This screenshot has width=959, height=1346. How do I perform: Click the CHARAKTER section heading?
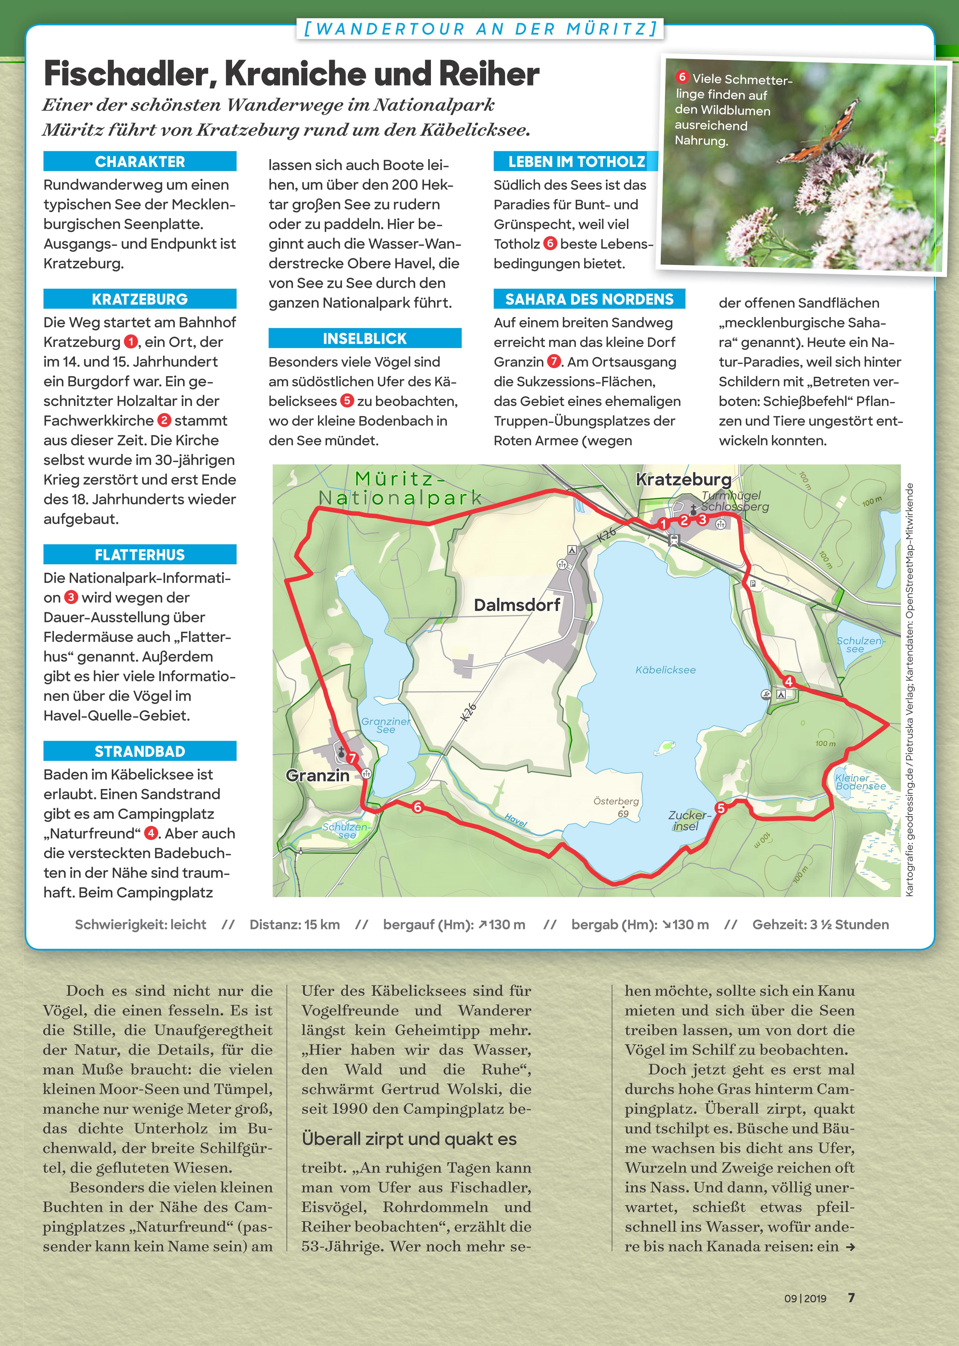(140, 161)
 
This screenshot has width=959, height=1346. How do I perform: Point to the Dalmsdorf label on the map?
(517, 605)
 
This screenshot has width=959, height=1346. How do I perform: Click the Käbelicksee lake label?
(666, 670)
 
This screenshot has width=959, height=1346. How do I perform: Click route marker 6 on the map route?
(417, 807)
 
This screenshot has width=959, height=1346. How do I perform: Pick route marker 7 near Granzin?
(353, 759)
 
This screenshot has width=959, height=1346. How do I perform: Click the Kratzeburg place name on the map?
(683, 479)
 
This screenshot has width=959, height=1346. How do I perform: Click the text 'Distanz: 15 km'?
(295, 924)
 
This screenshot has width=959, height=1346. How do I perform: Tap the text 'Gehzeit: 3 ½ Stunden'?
(820, 924)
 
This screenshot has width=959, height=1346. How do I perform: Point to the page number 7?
(851, 1298)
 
